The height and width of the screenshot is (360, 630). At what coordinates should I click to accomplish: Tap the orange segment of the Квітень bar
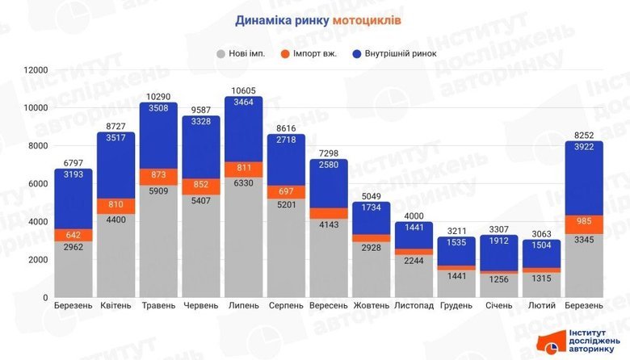(x=115, y=206)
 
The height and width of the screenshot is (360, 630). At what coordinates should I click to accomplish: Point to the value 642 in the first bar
(x=73, y=235)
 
